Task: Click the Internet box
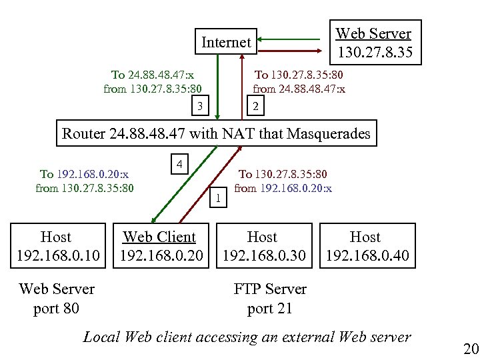pos(226,43)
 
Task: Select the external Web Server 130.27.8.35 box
pos(374,43)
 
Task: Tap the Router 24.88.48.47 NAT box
pos(216,133)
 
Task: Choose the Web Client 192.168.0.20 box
pos(160,246)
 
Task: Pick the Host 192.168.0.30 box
pos(263,246)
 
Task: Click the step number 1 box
pos(219,196)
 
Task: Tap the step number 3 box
pos(198,105)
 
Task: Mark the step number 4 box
pos(179,164)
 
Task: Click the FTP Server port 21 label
pos(270,299)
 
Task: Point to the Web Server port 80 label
pos(57,299)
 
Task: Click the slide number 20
pos(471,349)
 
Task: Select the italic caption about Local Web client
pos(247,337)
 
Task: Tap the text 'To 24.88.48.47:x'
pos(153,75)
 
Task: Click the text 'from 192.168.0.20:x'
pos(283,188)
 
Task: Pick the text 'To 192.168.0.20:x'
pos(84,174)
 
